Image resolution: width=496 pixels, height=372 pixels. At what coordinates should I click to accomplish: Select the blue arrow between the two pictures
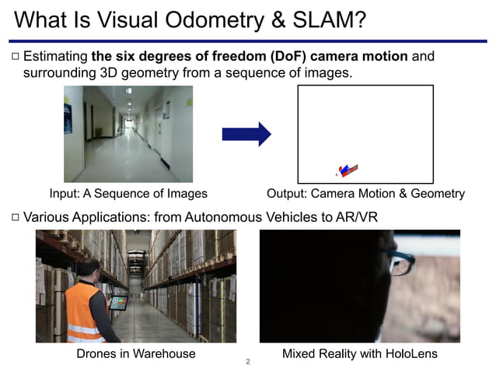[x=246, y=134]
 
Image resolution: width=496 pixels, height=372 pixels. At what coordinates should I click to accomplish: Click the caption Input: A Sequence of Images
[x=128, y=194]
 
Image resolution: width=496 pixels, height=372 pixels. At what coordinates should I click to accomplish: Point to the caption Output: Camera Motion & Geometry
[x=365, y=194]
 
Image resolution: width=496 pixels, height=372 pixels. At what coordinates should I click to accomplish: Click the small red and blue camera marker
[x=348, y=170]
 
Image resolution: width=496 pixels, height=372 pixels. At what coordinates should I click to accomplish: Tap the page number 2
[x=247, y=362]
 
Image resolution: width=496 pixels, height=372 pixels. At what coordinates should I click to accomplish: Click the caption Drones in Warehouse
[x=135, y=354]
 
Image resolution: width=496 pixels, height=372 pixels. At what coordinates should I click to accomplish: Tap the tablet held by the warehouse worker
[x=117, y=302]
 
